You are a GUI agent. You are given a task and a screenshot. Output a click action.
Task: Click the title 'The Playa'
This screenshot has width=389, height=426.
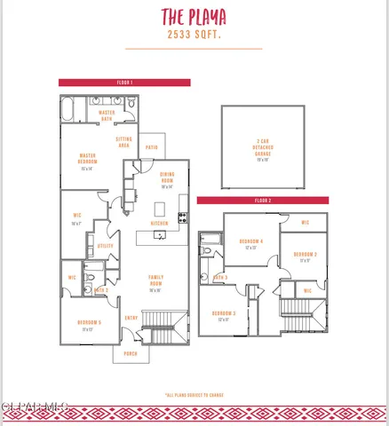point(194,16)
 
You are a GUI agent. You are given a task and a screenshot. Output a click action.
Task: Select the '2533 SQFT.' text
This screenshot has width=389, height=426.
point(194,35)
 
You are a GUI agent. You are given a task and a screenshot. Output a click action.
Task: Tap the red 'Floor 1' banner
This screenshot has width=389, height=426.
point(124,82)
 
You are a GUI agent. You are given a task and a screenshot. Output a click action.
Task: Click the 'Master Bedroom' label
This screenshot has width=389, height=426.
point(87,160)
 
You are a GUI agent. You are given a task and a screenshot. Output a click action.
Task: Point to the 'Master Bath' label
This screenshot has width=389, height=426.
point(107,114)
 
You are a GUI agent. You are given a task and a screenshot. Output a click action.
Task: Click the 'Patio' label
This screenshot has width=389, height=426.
point(152,147)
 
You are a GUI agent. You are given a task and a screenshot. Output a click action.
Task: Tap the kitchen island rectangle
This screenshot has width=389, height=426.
point(160,210)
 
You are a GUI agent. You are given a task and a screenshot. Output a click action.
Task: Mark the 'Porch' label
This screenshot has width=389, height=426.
point(131,353)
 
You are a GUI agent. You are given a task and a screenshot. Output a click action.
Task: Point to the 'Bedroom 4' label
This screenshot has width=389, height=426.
point(250,242)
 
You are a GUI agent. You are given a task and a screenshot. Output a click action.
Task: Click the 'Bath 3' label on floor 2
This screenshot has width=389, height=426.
point(219,277)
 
